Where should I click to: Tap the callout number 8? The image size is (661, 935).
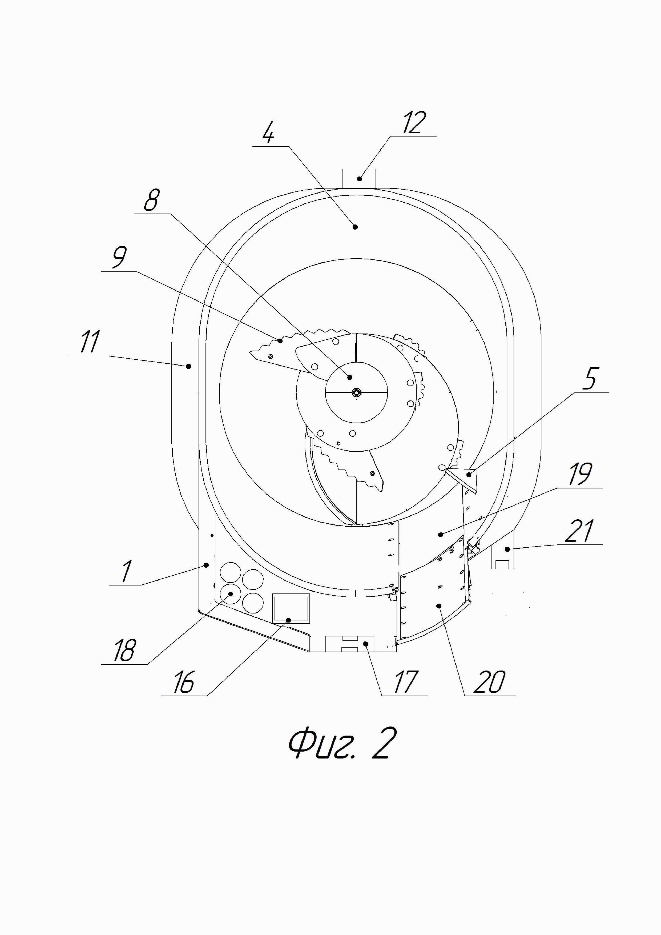(151, 200)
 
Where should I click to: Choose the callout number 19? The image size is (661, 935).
(580, 474)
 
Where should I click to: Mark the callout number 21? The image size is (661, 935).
(580, 531)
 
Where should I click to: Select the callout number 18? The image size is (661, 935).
(124, 650)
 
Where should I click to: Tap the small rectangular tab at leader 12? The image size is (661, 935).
(359, 179)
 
